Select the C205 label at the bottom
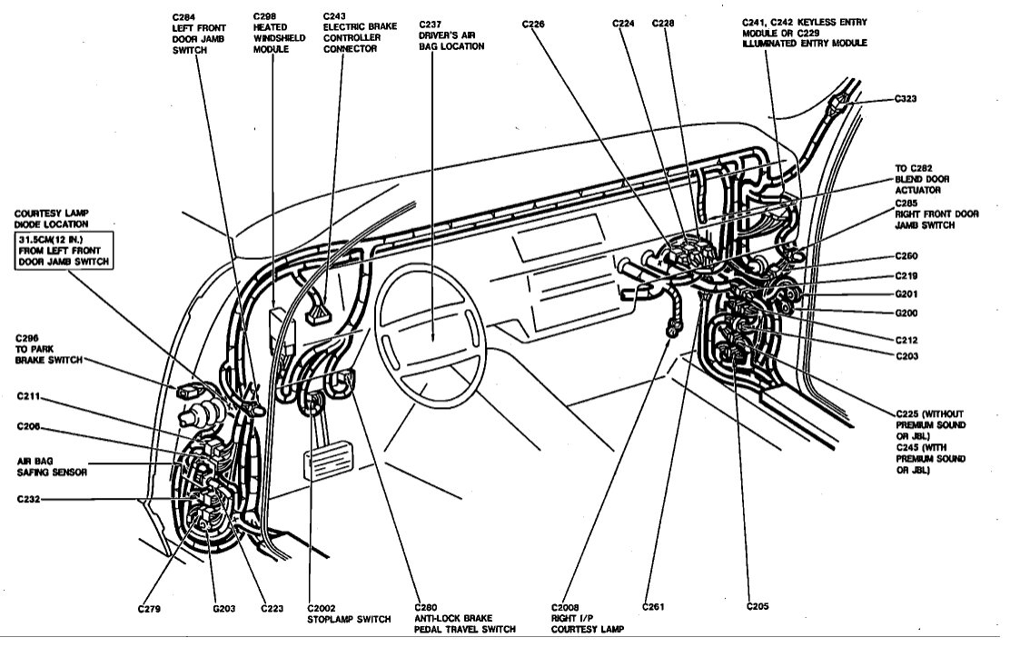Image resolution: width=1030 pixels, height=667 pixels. (758, 605)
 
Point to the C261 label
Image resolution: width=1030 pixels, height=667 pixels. (654, 605)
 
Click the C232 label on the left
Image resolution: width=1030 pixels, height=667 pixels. (30, 499)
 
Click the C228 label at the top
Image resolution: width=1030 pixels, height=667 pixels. (663, 24)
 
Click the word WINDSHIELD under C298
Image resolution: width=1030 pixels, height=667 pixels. (272, 39)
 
